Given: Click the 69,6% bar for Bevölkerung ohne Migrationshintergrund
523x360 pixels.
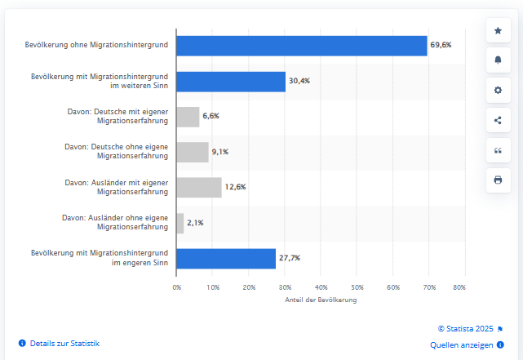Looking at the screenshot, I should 302,46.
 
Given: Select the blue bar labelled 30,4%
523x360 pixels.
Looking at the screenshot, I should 231,81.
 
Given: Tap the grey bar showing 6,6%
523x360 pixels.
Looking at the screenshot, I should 188,116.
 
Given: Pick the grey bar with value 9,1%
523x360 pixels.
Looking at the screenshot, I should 193,152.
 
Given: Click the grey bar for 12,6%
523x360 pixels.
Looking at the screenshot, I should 199,187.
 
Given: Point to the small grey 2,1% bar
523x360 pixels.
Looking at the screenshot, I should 180,223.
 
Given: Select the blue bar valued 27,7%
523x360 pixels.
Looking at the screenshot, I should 226,258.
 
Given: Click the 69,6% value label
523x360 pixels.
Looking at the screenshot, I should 441,46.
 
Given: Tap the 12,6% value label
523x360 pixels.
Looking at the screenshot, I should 235,187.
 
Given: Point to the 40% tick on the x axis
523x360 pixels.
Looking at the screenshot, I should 321,287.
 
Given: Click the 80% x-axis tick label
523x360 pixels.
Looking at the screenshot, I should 459,287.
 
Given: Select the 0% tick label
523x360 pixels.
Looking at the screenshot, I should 176,287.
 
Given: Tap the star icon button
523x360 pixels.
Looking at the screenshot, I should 498,30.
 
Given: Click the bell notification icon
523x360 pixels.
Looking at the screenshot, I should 498,60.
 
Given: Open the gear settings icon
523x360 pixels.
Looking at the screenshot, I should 498,90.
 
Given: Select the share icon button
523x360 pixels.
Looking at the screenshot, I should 498,120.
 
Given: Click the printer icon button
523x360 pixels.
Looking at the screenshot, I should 498,180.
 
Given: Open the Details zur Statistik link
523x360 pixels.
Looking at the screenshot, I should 64,344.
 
